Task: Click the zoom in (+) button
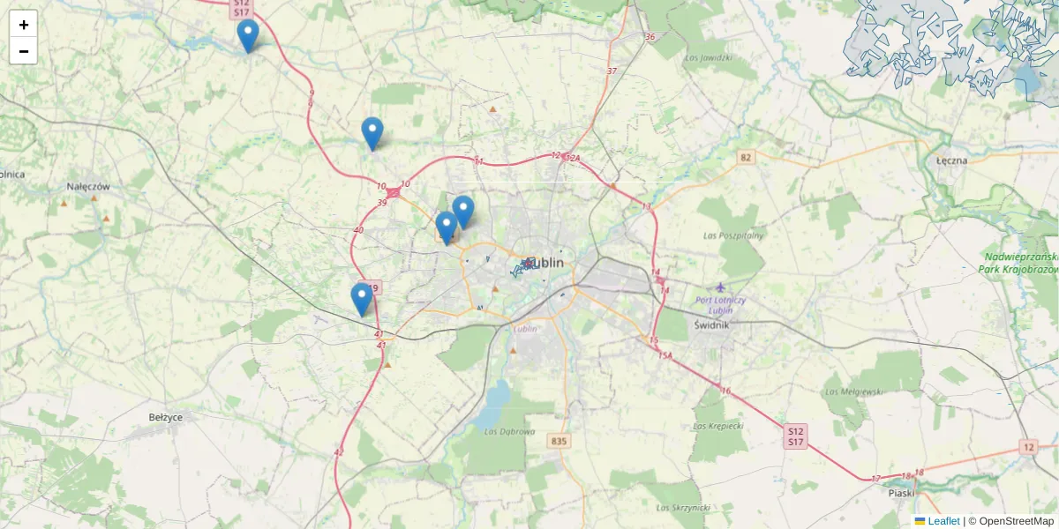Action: [x=24, y=25]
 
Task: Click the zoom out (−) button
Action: [x=24, y=51]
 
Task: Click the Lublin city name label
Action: [x=548, y=263]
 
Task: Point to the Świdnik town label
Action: [x=711, y=324]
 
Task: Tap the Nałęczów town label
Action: [x=88, y=187]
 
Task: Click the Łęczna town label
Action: [x=952, y=160]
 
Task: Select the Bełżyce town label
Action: [x=165, y=417]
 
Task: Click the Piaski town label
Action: [x=901, y=495]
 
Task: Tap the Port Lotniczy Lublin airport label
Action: [x=720, y=304]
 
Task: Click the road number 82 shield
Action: [x=747, y=157]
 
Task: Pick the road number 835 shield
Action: [x=558, y=441]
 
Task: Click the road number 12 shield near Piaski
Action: [x=1028, y=447]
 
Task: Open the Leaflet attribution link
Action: [x=943, y=521]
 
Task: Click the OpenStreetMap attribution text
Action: [x=1016, y=521]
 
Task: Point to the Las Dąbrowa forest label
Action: [x=510, y=431]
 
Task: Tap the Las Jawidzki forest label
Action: [x=709, y=58]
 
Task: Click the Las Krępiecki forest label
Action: [x=719, y=426]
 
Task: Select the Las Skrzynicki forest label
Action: [x=683, y=508]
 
